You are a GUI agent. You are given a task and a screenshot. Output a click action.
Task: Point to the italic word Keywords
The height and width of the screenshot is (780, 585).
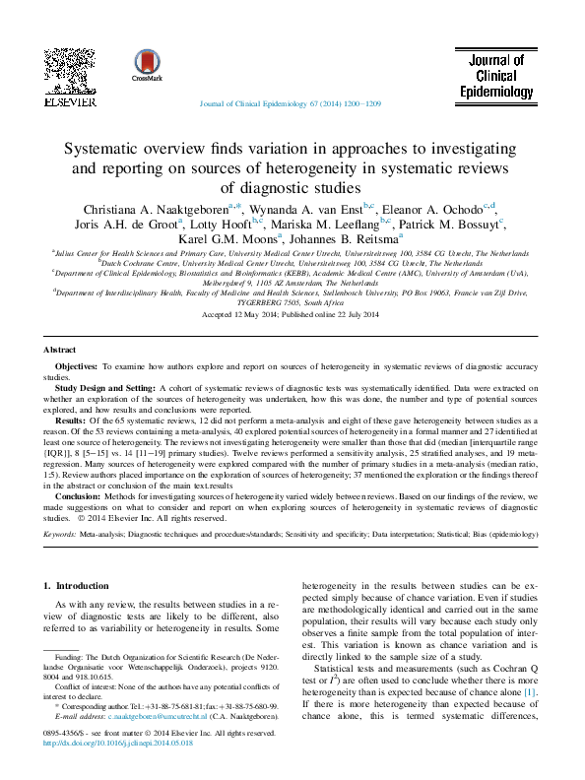coord(60,533)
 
